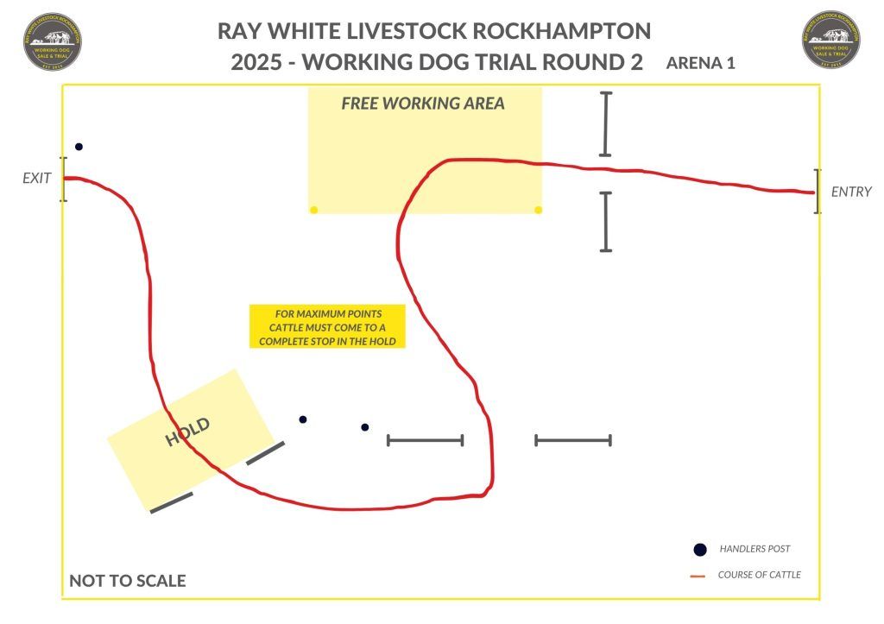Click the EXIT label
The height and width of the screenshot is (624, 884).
[37, 179]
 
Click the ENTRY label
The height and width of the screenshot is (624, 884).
[851, 192]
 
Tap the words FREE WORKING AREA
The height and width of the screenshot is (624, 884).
[423, 104]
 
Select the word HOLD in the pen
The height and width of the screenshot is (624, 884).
[188, 432]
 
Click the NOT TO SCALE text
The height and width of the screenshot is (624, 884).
[127, 581]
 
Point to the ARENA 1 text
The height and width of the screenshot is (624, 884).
[700, 63]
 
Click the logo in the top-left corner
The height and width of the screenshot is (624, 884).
[54, 40]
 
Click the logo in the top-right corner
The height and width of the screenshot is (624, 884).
[831, 40]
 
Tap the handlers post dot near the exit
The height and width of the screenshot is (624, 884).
[79, 147]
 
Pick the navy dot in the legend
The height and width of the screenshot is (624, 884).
[700, 550]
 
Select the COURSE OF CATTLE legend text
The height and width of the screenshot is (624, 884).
[759, 575]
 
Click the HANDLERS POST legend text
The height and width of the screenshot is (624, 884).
[755, 549]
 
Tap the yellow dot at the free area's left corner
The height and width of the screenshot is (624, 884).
[313, 210]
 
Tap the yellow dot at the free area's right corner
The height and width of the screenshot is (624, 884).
[539, 210]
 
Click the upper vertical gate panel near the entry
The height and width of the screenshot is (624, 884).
[605, 124]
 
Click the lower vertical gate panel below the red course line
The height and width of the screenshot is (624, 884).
[605, 222]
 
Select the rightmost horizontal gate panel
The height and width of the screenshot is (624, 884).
[573, 440]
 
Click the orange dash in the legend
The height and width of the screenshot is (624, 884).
[699, 576]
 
